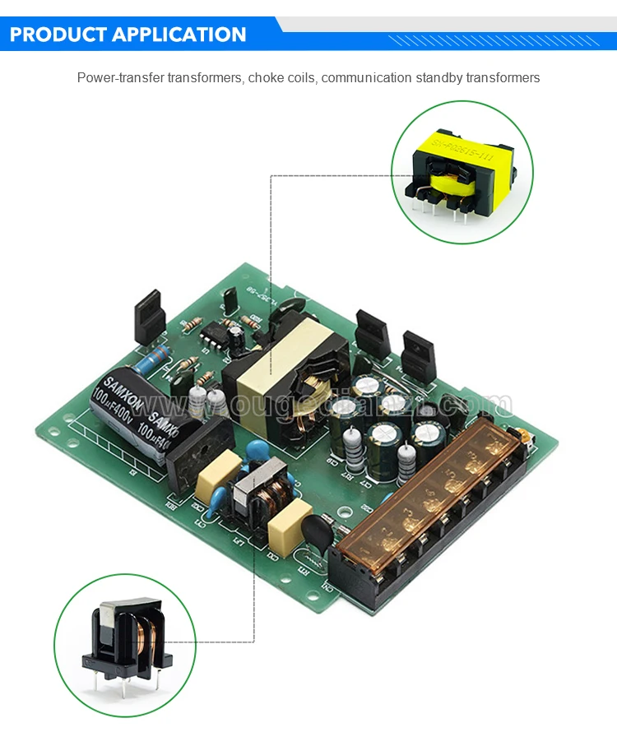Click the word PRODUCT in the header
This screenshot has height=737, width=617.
click(x=57, y=35)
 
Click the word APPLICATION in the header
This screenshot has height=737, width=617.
click(x=179, y=35)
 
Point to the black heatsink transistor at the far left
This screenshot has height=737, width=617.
click(x=150, y=317)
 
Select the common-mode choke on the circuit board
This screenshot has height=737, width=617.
click(x=262, y=494)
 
